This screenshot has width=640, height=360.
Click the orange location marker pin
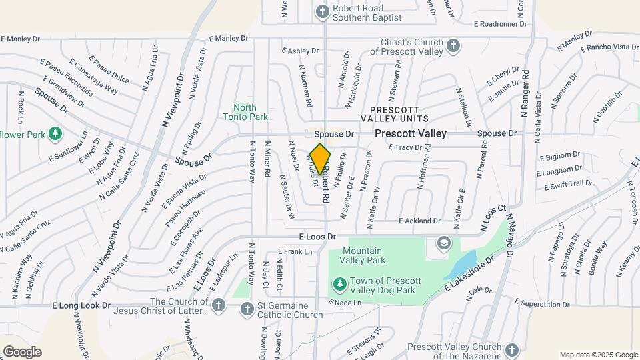click(320, 158)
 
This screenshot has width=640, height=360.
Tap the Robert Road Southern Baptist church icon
click(323, 11)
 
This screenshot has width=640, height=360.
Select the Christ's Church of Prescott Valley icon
click(453, 46)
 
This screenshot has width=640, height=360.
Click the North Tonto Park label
click(245, 112)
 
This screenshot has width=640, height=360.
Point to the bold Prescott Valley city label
click(410, 133)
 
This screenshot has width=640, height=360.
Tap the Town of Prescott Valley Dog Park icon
click(340, 285)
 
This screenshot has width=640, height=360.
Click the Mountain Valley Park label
click(363, 256)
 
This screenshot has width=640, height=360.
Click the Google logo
click(22, 351)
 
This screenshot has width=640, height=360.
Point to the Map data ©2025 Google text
click(598, 355)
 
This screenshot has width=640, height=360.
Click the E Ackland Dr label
click(419, 221)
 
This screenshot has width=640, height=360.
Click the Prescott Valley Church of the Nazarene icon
click(511, 350)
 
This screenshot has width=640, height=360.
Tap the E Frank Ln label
click(295, 252)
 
